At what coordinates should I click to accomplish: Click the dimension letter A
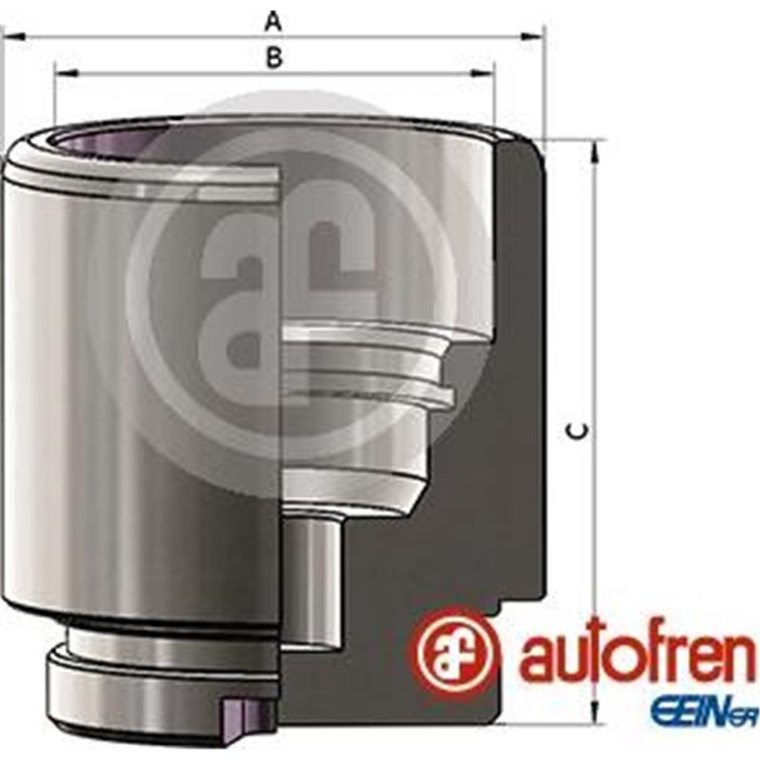274,19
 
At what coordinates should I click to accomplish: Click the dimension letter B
274,57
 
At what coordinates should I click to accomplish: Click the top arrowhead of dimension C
595,149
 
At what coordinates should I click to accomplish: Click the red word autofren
636,655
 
